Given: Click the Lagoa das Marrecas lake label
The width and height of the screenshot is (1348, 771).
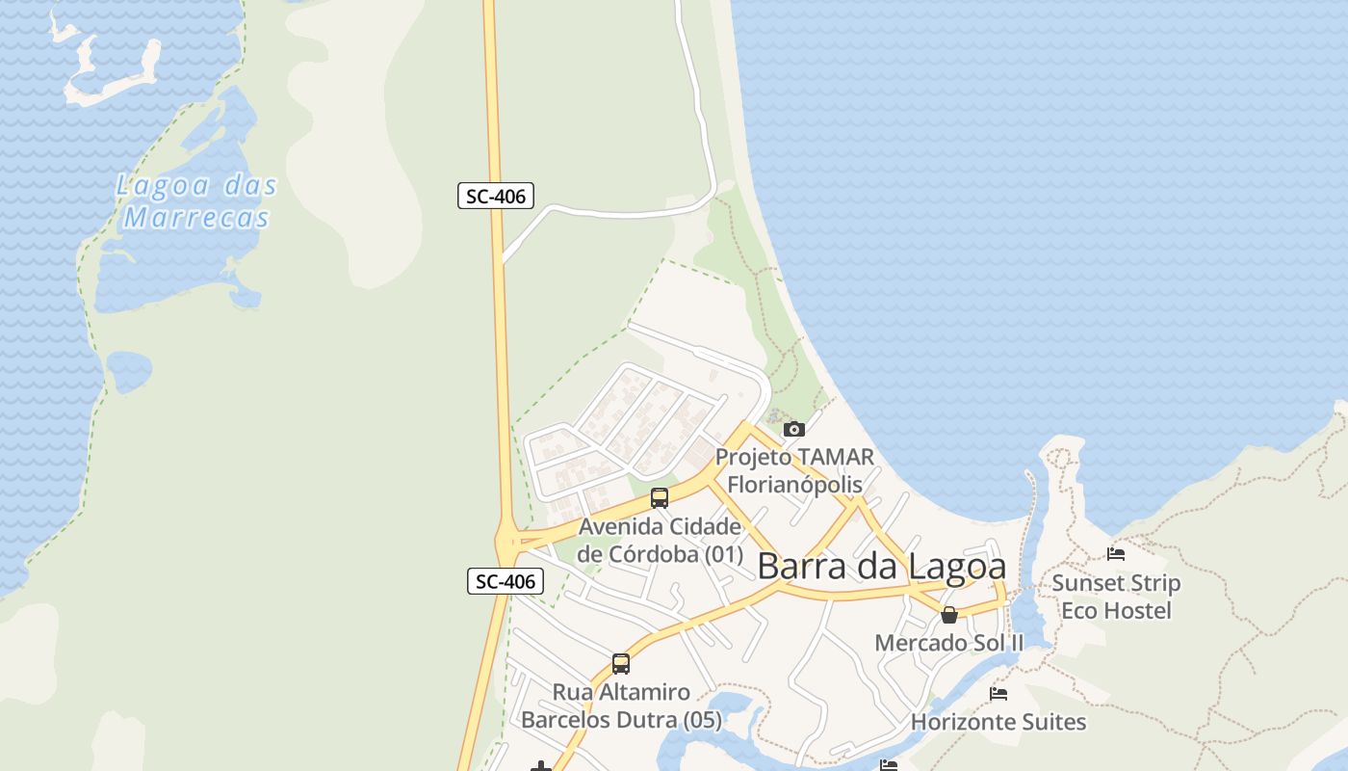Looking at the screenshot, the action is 196,200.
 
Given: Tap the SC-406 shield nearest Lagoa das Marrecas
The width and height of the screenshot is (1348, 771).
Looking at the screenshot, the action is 495,197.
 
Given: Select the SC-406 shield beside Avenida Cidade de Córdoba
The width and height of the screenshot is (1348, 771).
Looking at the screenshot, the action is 505,581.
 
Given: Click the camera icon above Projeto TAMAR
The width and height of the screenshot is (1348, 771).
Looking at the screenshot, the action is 794,429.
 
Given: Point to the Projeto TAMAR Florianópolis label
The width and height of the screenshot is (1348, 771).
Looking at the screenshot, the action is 794,469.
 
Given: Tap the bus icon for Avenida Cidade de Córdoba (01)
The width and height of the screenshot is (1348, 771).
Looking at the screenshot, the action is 660,498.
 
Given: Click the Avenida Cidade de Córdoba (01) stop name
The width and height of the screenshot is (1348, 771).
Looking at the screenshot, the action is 661,541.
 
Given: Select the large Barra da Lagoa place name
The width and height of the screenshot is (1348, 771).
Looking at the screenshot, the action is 881,567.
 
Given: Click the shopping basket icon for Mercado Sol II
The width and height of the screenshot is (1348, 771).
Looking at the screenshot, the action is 949,615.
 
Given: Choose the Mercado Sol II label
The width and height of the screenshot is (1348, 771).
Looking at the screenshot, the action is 948,643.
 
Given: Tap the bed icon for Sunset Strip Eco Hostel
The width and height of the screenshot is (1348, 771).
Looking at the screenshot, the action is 1116,554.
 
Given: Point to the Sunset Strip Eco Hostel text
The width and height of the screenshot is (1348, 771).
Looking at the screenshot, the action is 1116,597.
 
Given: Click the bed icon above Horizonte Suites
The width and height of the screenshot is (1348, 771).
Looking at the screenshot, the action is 998,694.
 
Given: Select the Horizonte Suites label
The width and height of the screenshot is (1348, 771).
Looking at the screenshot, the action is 998,722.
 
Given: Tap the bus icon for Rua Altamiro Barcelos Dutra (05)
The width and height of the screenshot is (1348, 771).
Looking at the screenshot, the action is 621,664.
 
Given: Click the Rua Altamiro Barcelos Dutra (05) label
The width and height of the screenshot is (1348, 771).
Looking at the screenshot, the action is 621,705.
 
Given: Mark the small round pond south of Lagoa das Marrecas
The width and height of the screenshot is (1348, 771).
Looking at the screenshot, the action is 129,371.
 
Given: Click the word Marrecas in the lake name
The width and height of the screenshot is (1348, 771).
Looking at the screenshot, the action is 196,218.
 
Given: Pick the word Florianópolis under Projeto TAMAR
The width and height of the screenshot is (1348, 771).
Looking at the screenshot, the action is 794,483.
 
